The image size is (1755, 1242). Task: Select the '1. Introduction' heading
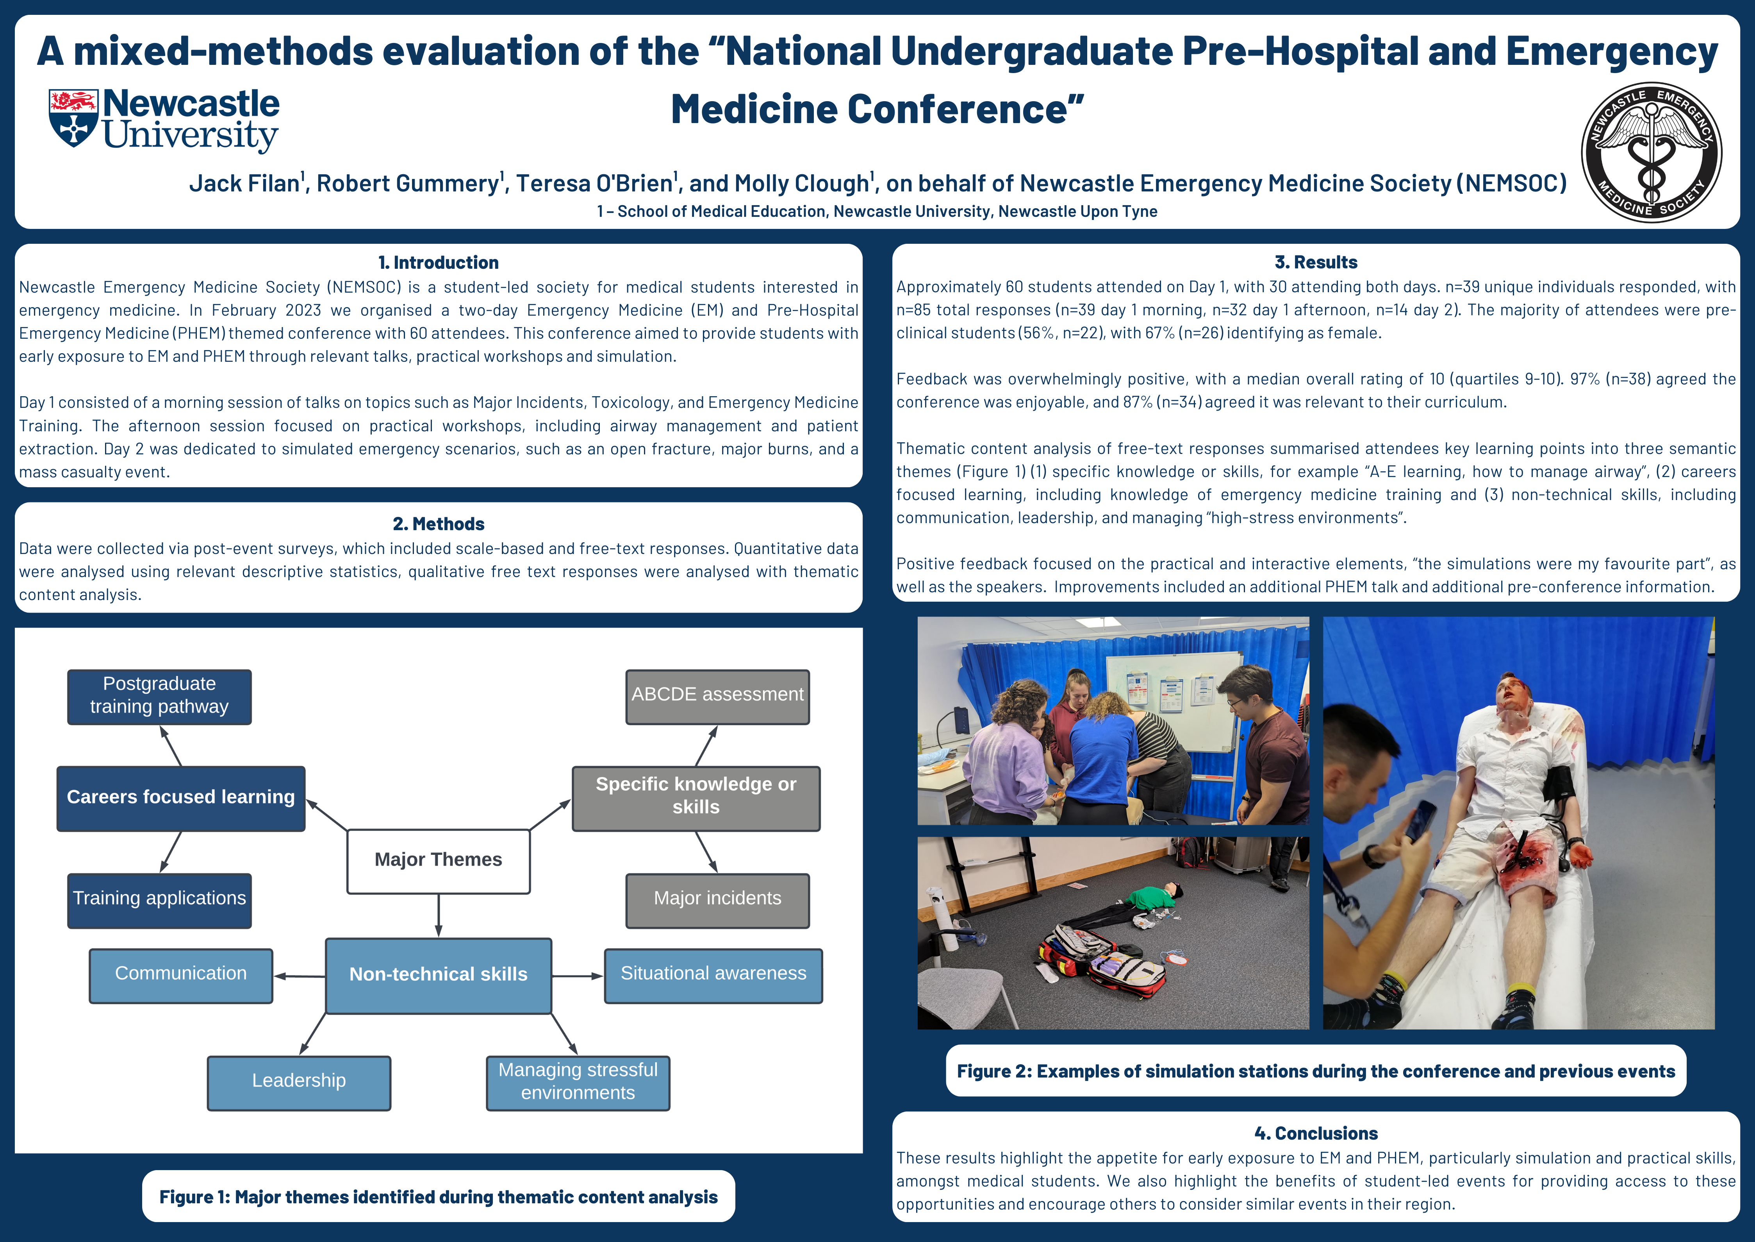pyautogui.click(x=438, y=262)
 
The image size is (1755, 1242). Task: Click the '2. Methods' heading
pyautogui.click(x=438, y=524)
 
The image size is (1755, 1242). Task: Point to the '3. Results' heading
pyautogui.click(x=1316, y=262)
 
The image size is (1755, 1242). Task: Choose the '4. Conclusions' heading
pyautogui.click(x=1316, y=1133)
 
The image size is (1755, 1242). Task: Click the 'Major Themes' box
pyautogui.click(x=438, y=861)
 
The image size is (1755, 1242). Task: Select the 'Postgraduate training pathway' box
pyautogui.click(x=159, y=697)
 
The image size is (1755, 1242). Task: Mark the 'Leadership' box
pyautogui.click(x=299, y=1083)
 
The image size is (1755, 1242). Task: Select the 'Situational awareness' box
pyautogui.click(x=713, y=976)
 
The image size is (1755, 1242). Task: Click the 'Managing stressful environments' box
pyautogui.click(x=578, y=1083)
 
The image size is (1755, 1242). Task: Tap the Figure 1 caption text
pyautogui.click(x=438, y=1197)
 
